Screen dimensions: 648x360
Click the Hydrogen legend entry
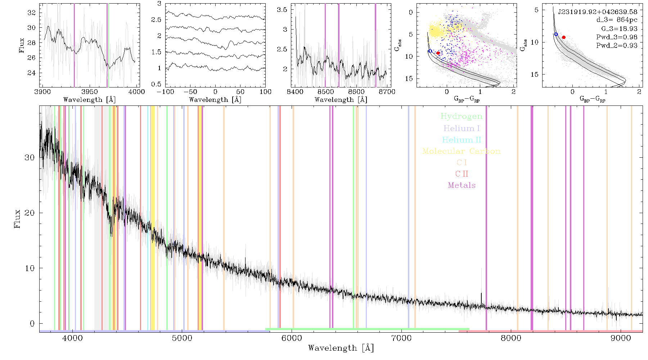[x=462, y=116]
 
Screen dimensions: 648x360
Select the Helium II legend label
[x=462, y=140]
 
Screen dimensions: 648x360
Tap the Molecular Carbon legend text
[x=462, y=151]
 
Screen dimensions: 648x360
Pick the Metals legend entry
[x=462, y=185]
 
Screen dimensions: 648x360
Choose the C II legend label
[x=462, y=174]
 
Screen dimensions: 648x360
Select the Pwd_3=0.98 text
[x=617, y=37]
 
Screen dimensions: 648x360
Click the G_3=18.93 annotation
[x=619, y=29]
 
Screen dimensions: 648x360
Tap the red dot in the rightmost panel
[x=564, y=37]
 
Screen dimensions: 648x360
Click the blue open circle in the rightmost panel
[x=556, y=34]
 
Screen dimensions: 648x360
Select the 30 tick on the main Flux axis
[x=30, y=158]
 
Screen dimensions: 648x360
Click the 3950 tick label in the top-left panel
[x=90, y=92]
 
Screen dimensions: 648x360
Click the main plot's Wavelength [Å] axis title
[x=341, y=348]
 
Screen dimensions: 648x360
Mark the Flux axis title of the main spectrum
[x=17, y=218]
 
